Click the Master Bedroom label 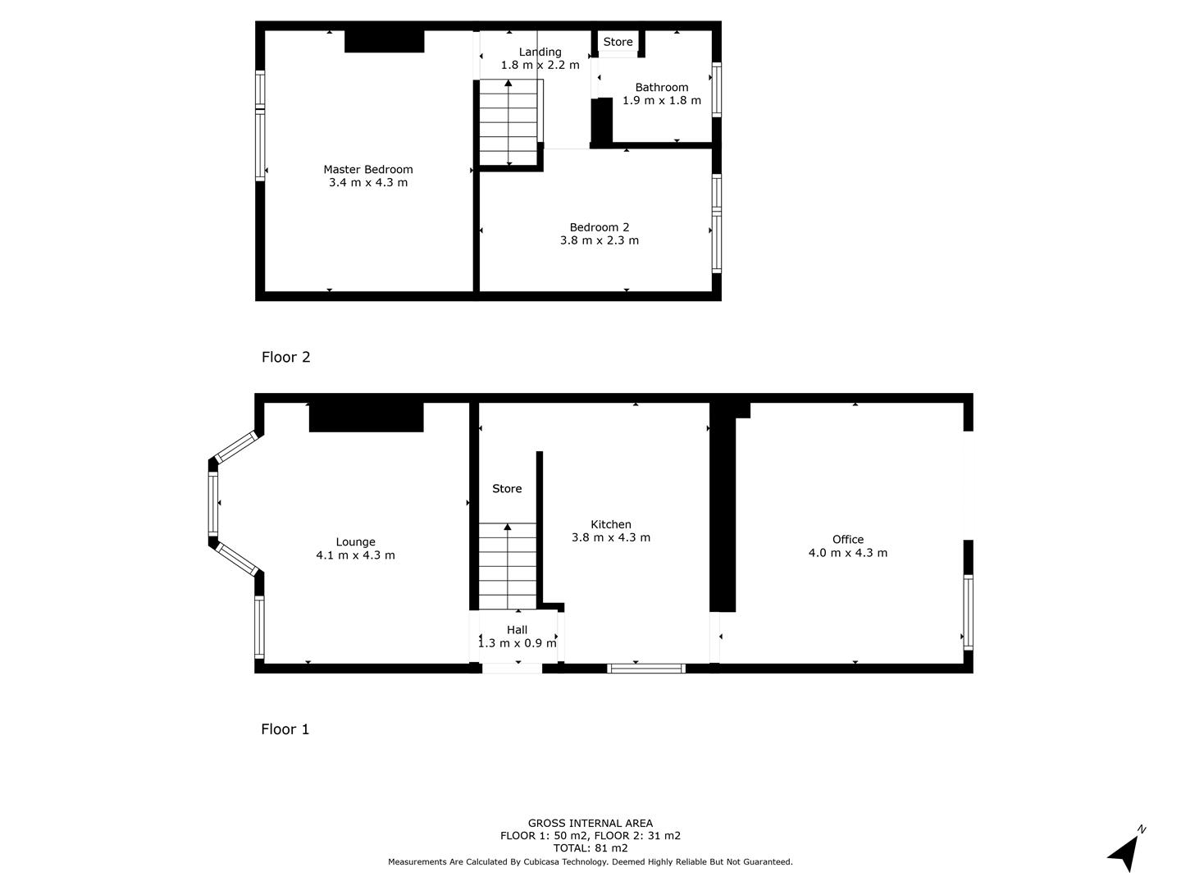(x=367, y=169)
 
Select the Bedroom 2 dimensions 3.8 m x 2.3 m (x=599, y=241)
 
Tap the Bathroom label (x=661, y=87)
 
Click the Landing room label (x=540, y=52)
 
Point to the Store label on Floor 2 (x=618, y=42)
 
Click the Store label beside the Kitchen (x=507, y=488)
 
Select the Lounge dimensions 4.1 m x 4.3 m (x=355, y=555)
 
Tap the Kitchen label (x=611, y=524)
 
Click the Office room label (x=847, y=539)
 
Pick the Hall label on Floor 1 (x=517, y=630)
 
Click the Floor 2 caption (x=285, y=357)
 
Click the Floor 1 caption (x=285, y=728)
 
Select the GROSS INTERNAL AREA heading (x=590, y=823)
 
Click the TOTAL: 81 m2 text (x=590, y=848)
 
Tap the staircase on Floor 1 (x=508, y=566)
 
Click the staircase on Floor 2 (x=508, y=123)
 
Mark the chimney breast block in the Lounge (x=366, y=417)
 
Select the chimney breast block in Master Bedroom (x=384, y=41)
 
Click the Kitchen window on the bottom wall (x=646, y=669)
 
